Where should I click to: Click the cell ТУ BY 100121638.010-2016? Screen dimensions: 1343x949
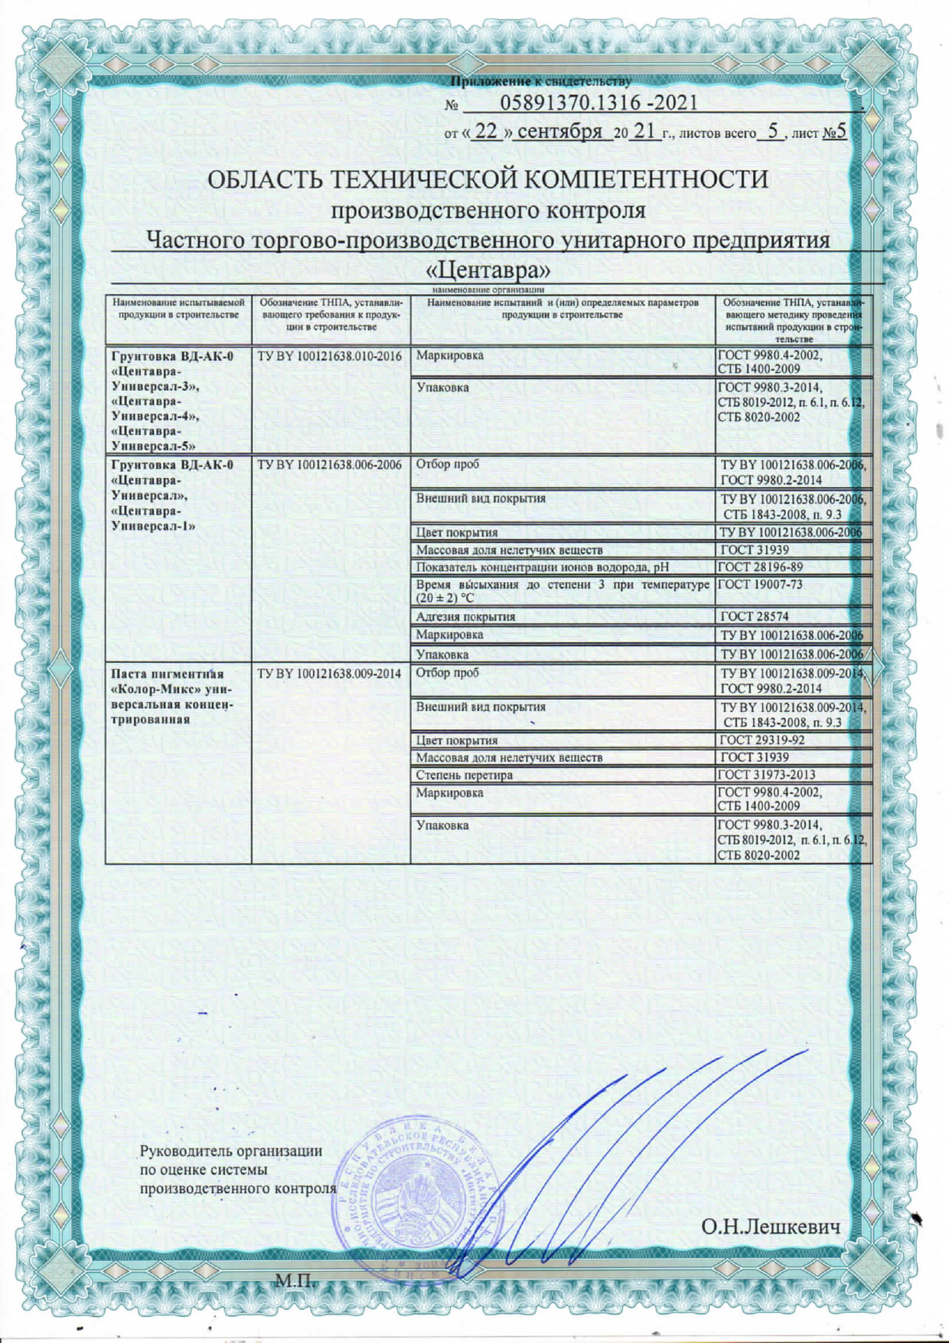point(330,356)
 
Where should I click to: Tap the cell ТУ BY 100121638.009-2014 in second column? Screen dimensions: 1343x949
point(330,674)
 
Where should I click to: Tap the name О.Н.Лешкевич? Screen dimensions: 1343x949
point(771,1227)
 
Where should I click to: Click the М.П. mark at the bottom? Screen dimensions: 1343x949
point(295,1280)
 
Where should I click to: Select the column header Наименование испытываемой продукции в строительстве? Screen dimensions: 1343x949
point(178,309)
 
